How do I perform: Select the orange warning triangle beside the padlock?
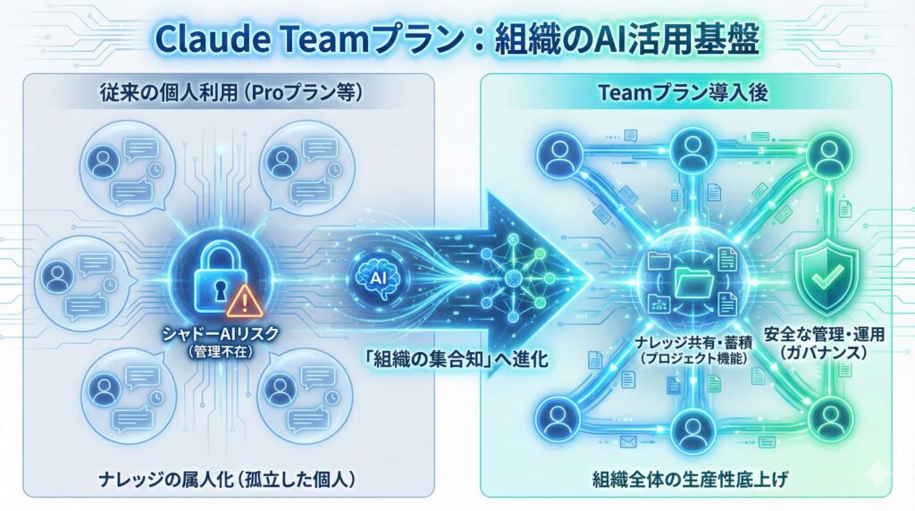[239, 302]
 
